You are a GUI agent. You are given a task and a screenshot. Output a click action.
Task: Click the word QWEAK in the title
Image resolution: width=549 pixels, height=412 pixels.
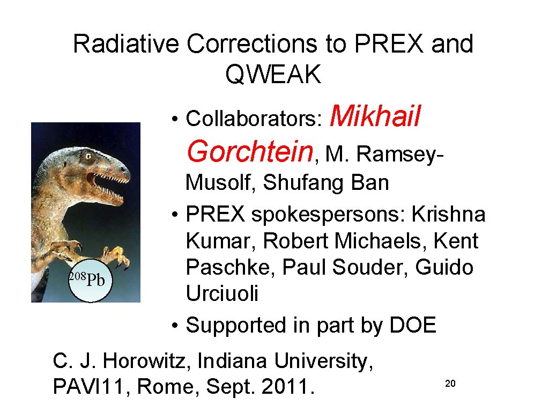pos(273,75)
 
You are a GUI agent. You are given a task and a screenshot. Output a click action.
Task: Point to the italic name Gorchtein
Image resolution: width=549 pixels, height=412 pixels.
pos(250,151)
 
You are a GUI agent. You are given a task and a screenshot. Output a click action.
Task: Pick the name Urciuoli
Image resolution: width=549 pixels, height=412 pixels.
pos(222,293)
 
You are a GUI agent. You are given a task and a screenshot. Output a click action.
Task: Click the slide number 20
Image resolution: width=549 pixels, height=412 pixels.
pos(450,384)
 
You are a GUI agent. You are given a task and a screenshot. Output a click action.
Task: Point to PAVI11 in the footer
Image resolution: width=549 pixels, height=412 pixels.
pos(91,386)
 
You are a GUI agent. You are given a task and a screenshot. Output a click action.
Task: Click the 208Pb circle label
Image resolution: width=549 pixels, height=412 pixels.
pos(90,279)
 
